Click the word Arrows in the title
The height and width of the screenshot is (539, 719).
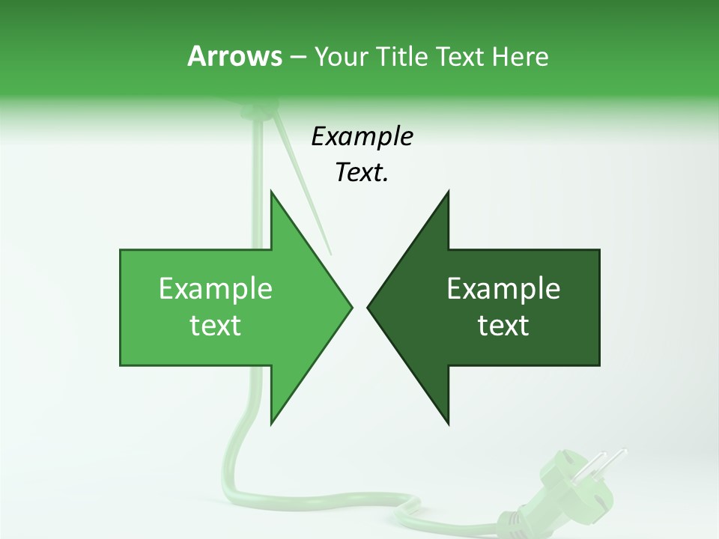tap(234, 56)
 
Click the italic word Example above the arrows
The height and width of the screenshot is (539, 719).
tap(362, 137)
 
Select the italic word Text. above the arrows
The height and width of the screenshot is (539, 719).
tap(362, 173)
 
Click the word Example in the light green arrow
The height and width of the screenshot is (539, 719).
tap(215, 289)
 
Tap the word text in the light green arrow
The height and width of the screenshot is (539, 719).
tap(215, 326)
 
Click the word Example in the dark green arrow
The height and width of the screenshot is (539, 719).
tap(503, 289)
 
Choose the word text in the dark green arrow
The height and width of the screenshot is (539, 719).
tap(503, 326)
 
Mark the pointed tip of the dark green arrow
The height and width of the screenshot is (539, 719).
tap(370, 307)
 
